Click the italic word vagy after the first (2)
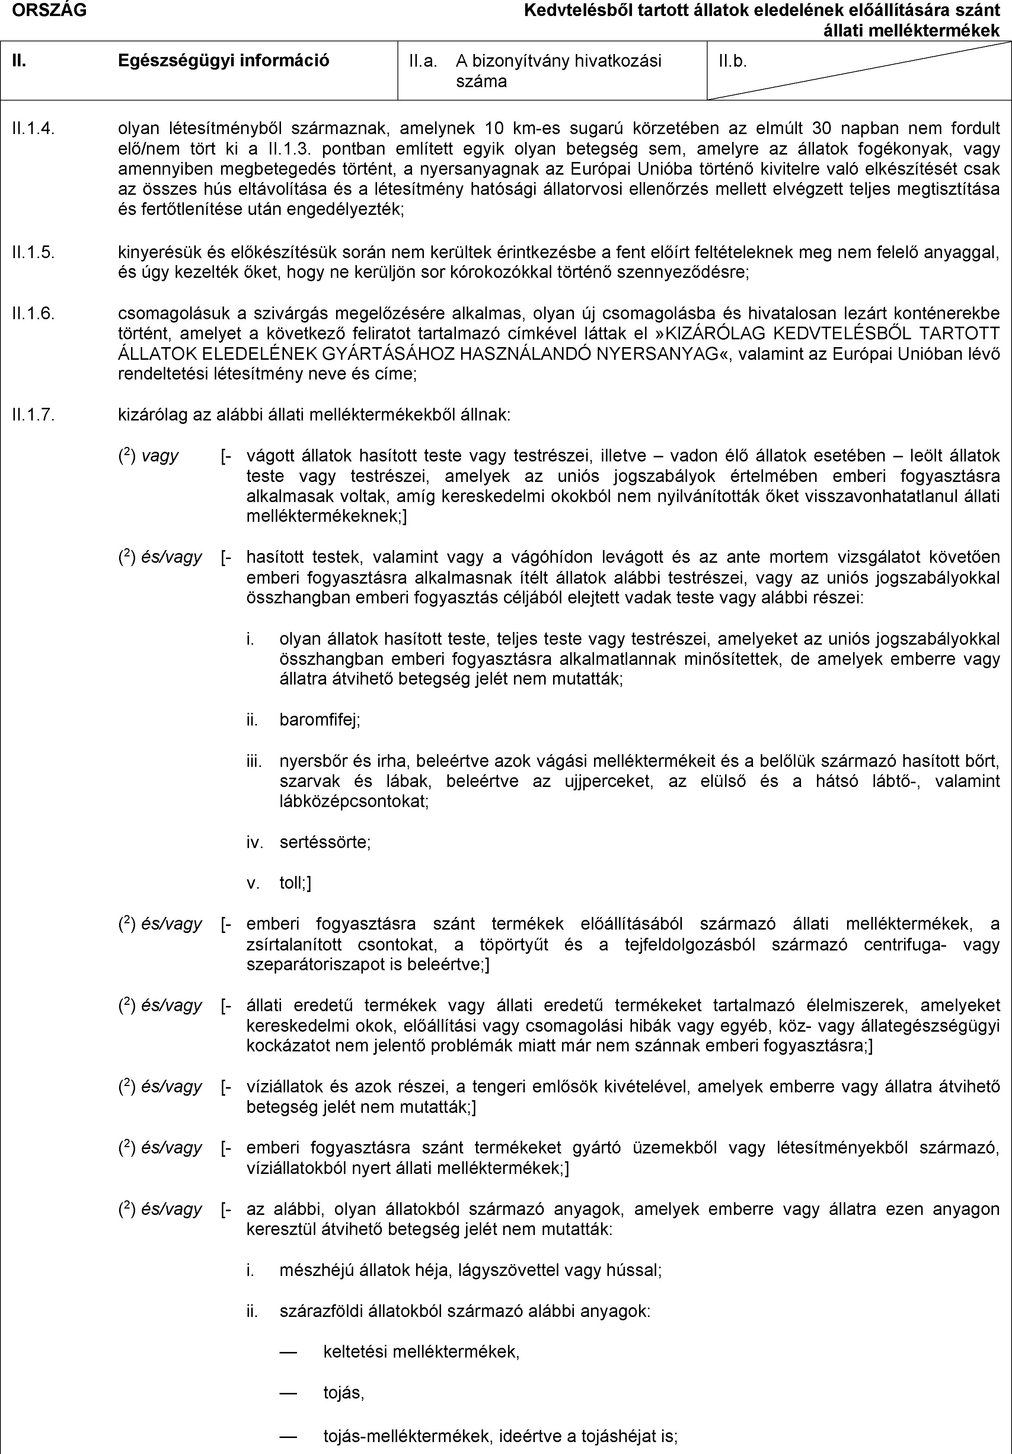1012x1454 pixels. click(160, 455)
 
